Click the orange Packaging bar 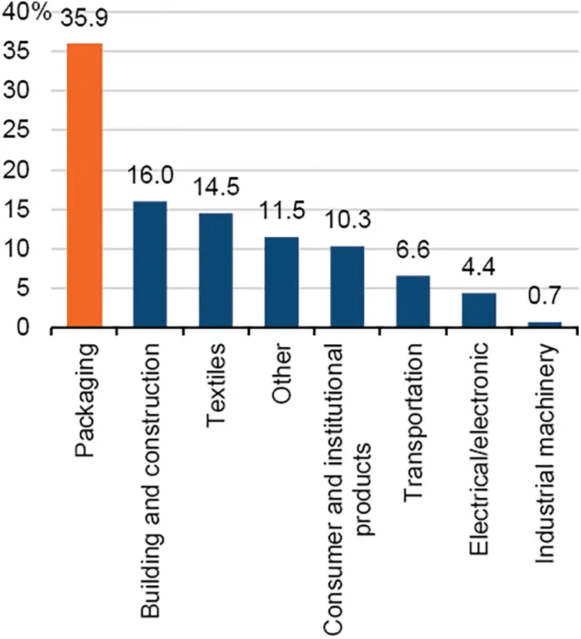tap(84, 186)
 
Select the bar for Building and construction tap(150, 264)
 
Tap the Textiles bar tap(215, 270)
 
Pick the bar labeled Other tap(282, 282)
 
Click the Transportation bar tap(412, 301)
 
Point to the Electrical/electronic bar tap(479, 310)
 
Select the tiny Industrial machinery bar tap(544, 325)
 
